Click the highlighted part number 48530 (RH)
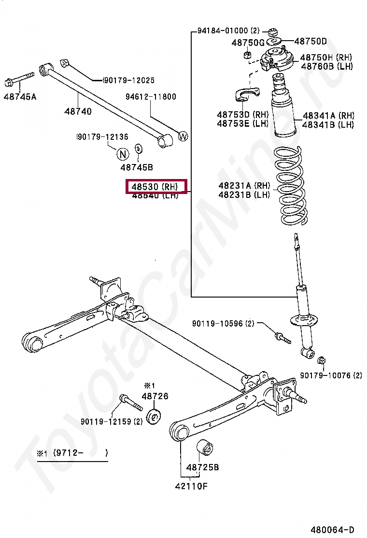155,186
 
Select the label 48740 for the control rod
78,111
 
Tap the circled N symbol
123,154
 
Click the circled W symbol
183,136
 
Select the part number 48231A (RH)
244,186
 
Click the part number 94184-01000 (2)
229,30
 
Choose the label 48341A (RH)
328,116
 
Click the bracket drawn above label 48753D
248,95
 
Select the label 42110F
191,486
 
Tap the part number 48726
155,396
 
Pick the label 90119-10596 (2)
223,323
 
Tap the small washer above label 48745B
138,148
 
